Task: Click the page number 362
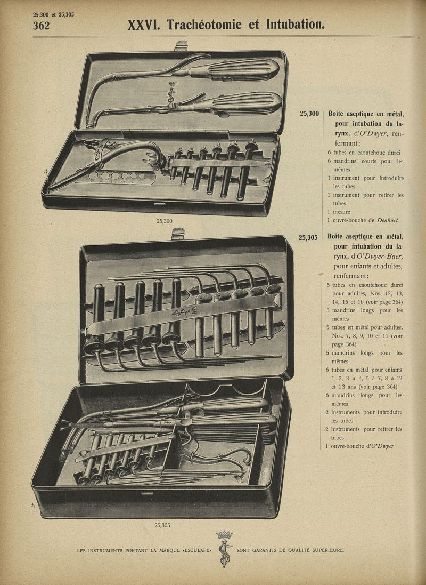(x=41, y=26)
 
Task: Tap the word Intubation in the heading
(x=295, y=25)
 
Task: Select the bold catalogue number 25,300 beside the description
(x=309, y=114)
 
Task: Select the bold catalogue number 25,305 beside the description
(x=308, y=237)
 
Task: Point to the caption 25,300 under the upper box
(x=165, y=221)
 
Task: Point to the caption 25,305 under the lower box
(x=162, y=525)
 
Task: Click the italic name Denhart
(x=387, y=220)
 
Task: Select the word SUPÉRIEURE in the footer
(x=328, y=550)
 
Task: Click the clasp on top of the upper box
(x=182, y=46)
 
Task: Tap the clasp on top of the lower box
(x=178, y=234)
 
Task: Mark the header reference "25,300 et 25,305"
(x=53, y=14)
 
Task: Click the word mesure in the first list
(x=341, y=212)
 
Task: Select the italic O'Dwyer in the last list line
(x=382, y=446)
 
